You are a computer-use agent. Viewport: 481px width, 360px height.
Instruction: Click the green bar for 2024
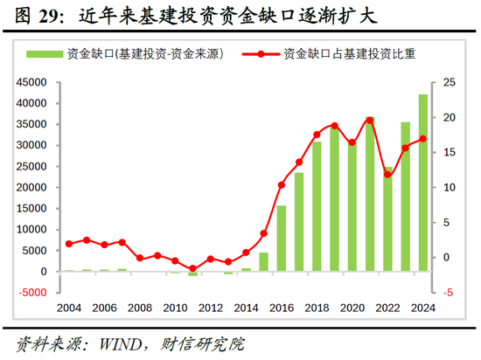(423, 183)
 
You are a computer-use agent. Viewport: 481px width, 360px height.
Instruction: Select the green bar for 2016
(281, 239)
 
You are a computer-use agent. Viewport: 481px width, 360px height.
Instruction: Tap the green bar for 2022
(387, 218)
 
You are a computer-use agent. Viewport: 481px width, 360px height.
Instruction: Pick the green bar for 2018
(317, 206)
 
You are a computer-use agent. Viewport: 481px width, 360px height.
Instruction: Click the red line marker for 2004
(69, 244)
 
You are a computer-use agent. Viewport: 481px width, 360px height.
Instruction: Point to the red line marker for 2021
(369, 121)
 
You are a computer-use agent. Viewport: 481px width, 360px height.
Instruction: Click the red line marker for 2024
(423, 139)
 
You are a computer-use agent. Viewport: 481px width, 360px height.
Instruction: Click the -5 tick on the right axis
(448, 293)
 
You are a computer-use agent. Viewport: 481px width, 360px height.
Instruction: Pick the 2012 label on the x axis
(210, 308)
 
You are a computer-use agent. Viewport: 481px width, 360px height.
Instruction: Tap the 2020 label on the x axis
(352, 308)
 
